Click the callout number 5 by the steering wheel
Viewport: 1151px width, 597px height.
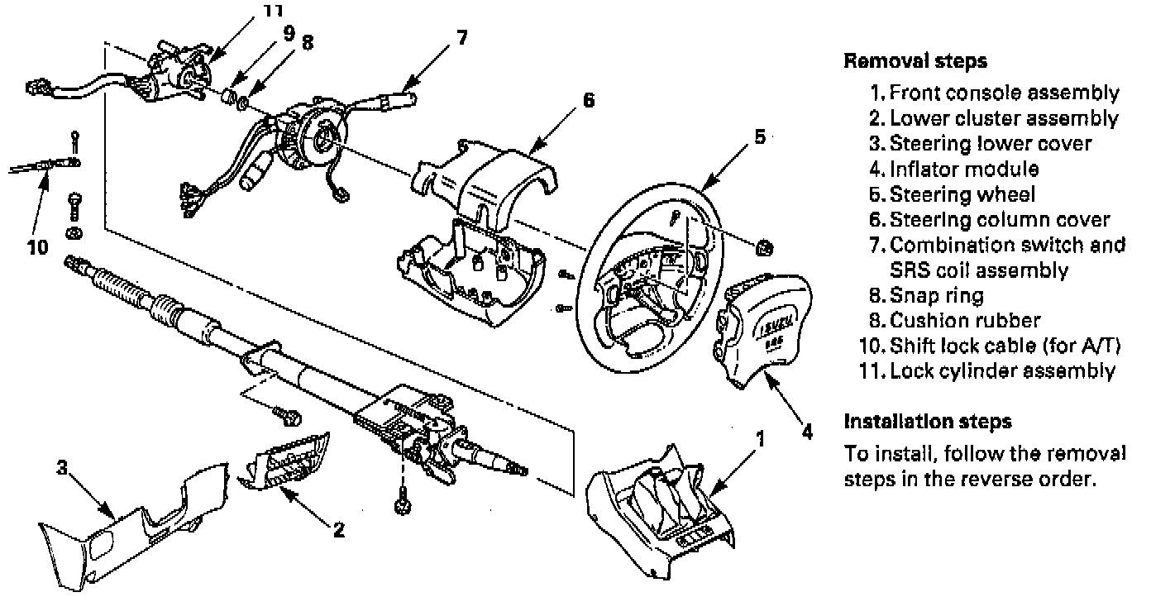pos(760,137)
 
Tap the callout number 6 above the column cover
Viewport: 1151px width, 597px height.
pos(588,100)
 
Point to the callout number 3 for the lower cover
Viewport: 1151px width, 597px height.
pos(61,468)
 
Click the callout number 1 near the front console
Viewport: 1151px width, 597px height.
pos(760,439)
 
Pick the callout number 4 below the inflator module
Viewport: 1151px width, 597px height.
pos(808,431)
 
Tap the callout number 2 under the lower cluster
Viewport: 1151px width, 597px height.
pos(338,530)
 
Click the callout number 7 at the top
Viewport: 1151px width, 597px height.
pos(461,38)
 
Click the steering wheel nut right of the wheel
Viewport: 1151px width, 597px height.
pos(765,247)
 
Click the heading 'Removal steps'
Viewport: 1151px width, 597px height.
pos(915,61)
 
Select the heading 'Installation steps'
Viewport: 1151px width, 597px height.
pos(927,422)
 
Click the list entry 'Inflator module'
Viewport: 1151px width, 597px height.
pos(962,170)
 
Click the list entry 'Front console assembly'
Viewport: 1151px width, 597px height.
pos(1004,93)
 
